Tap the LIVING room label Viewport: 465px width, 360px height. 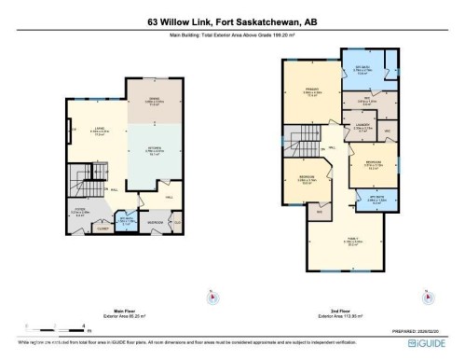point(97,131)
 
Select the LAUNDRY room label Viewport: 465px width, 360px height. point(363,126)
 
